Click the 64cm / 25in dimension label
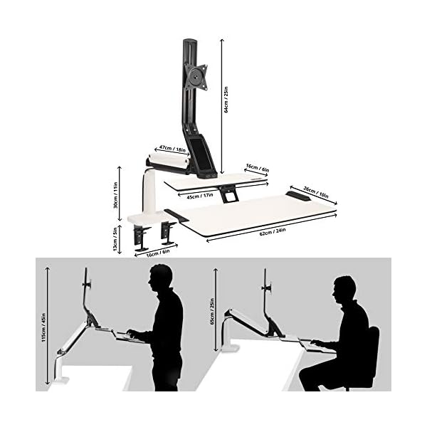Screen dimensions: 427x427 tap(226, 100)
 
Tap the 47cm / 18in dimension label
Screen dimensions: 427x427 tap(172, 149)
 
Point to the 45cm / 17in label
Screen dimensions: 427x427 tap(200, 196)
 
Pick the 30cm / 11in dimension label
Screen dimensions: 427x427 tap(115, 195)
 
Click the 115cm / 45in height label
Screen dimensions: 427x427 tap(43, 328)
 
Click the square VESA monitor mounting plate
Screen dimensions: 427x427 tap(196, 77)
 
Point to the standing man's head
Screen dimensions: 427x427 tap(161, 278)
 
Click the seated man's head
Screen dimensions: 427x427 tap(344, 290)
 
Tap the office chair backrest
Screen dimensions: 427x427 tap(372, 354)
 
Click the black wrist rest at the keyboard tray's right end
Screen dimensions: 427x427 tap(298, 196)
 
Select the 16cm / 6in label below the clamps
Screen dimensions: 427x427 tap(158, 253)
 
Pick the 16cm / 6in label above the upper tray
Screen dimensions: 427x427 tap(258, 168)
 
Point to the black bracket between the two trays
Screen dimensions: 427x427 tap(228, 194)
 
